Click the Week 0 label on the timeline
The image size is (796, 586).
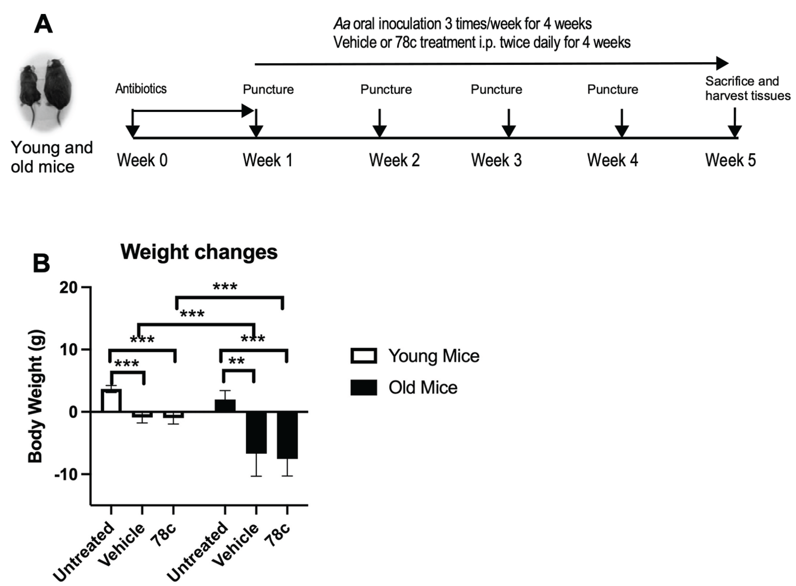pyautogui.click(x=142, y=160)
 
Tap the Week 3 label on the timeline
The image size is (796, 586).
pyautogui.click(x=496, y=160)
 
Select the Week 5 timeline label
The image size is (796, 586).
pyautogui.click(x=730, y=160)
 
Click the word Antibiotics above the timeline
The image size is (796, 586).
pyautogui.click(x=141, y=89)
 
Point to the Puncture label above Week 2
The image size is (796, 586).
pyautogui.click(x=386, y=90)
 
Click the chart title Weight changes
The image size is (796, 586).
pyautogui.click(x=199, y=252)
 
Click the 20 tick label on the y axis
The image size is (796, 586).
pyautogui.click(x=69, y=287)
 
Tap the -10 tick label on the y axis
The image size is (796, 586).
pyautogui.click(x=66, y=474)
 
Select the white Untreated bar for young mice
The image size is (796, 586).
pyautogui.click(x=111, y=400)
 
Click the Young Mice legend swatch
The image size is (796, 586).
pyautogui.click(x=364, y=356)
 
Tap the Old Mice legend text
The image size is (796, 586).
pyautogui.click(x=423, y=387)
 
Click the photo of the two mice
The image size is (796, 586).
pyautogui.click(x=45, y=90)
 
